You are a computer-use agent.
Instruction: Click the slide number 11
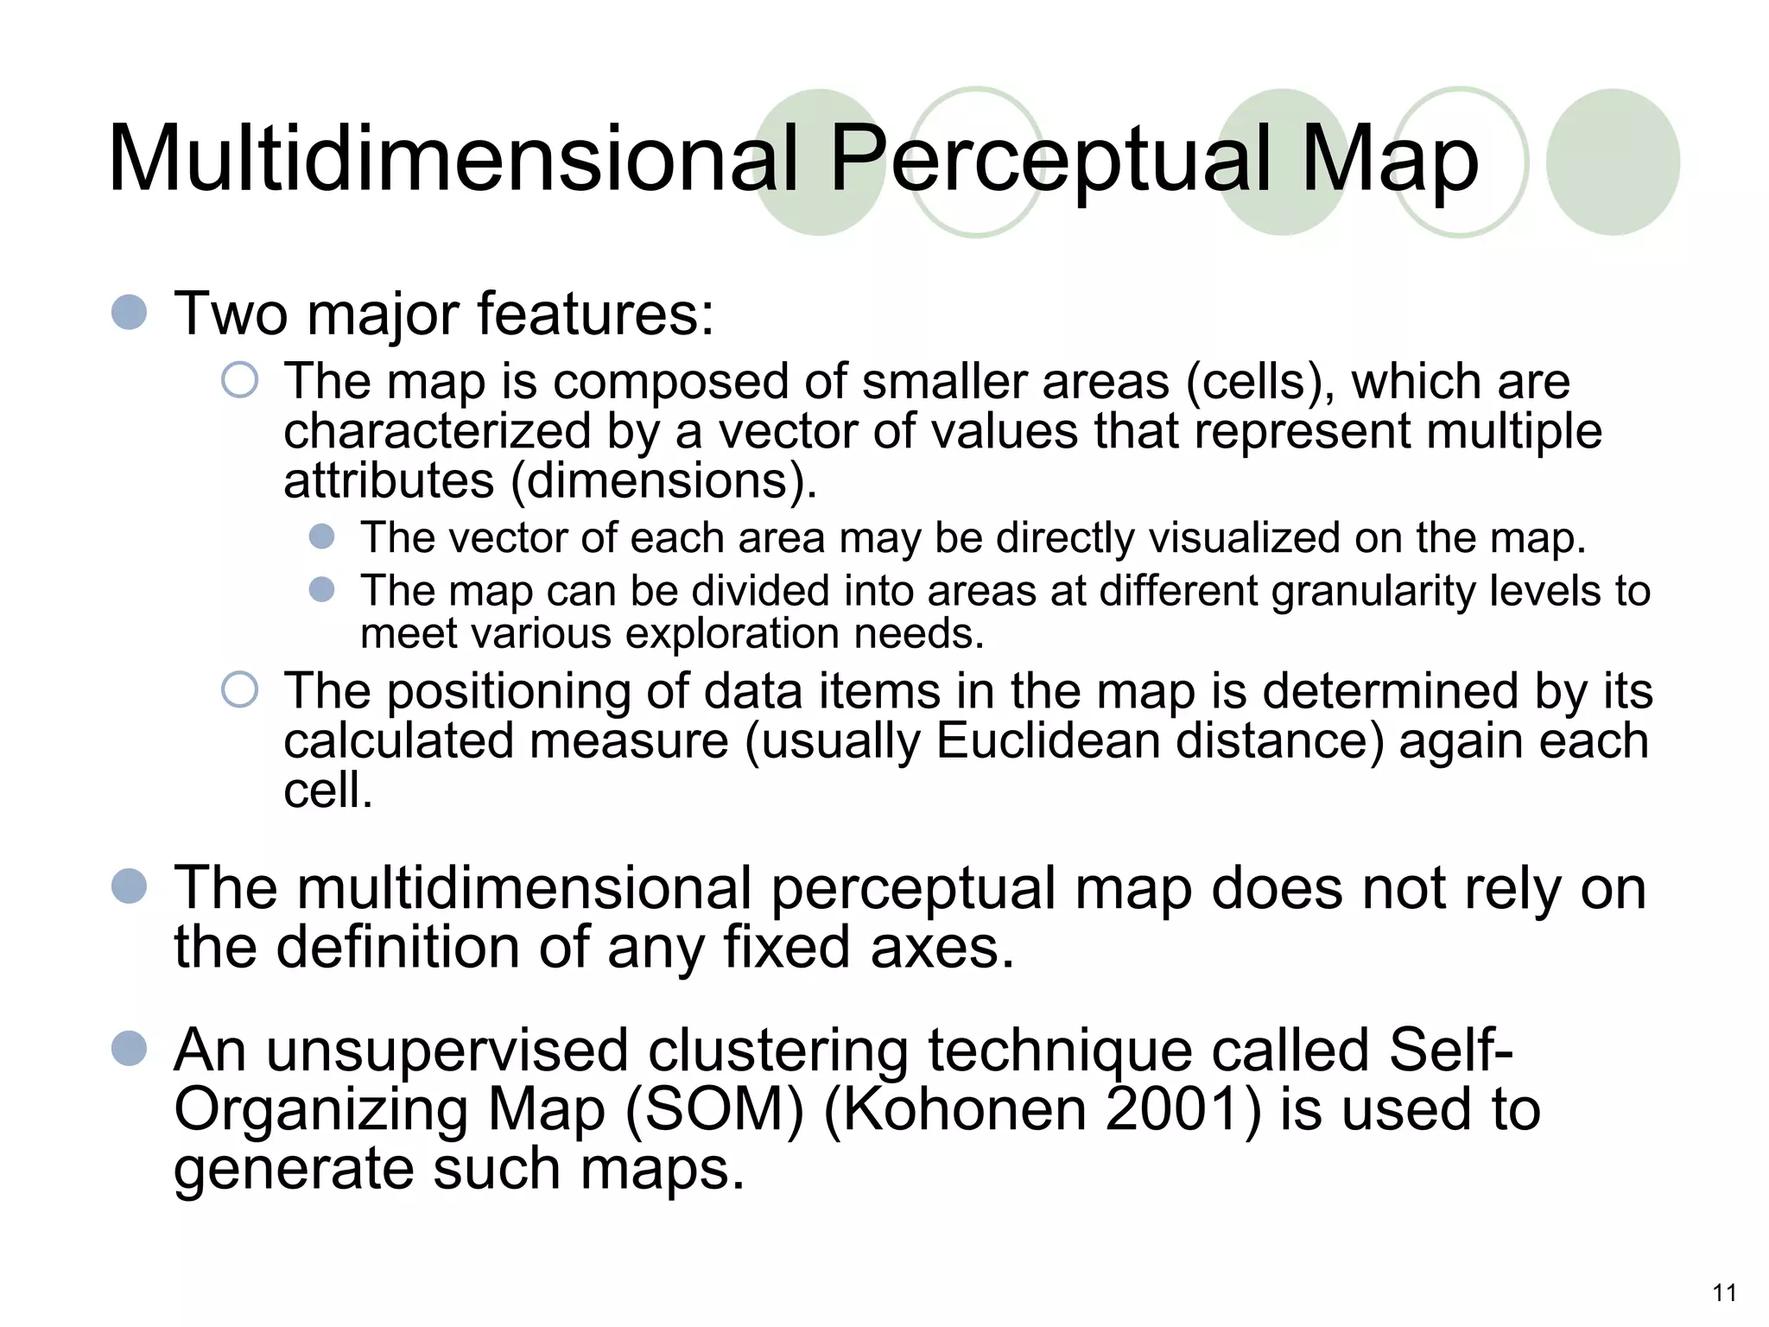(1724, 1292)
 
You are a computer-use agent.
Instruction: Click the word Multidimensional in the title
(453, 159)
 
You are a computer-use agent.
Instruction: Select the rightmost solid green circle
(1612, 162)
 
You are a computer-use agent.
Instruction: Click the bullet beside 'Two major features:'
(130, 312)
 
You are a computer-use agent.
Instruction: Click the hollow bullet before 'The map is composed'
(239, 380)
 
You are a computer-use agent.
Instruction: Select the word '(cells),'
(1260, 382)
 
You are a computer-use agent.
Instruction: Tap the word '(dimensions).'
(663, 480)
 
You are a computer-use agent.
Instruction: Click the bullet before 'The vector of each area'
(321, 537)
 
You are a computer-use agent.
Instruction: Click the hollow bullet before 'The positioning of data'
(239, 689)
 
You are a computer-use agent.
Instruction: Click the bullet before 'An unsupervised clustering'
(130, 1049)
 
